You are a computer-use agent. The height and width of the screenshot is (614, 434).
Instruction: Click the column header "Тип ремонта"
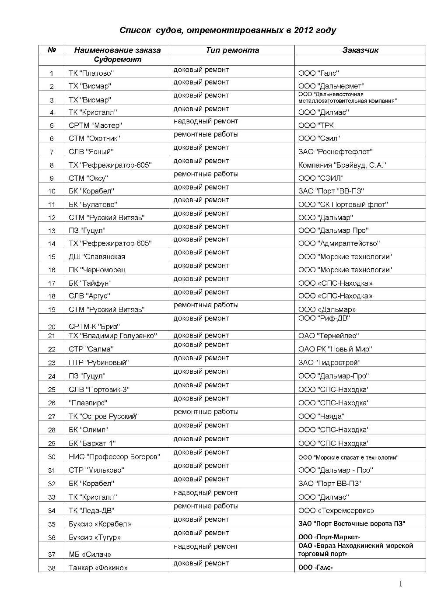click(232, 50)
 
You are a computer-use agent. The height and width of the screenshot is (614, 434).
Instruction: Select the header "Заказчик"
click(360, 50)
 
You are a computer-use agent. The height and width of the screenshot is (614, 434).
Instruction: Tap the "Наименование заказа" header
click(117, 50)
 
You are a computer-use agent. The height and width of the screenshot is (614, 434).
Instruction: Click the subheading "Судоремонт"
click(117, 60)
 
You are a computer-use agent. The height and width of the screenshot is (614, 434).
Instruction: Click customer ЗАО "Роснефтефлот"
click(335, 151)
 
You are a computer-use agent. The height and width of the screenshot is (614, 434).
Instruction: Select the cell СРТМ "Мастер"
click(95, 125)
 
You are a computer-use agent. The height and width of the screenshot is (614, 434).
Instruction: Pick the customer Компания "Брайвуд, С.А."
click(341, 165)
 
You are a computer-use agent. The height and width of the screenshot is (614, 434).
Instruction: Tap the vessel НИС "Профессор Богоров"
click(114, 456)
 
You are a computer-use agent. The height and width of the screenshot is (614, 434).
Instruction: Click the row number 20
click(52, 326)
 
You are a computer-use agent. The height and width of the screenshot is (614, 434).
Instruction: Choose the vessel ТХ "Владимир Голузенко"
click(112, 336)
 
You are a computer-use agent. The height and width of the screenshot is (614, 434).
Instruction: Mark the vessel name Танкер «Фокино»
click(98, 568)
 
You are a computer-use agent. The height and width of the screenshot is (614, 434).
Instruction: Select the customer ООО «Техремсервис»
click(336, 510)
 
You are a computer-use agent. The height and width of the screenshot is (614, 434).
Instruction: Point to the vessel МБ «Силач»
click(90, 554)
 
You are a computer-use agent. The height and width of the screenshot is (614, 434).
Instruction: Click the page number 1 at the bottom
click(401, 583)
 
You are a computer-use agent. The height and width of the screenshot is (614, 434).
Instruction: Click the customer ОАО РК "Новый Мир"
click(335, 349)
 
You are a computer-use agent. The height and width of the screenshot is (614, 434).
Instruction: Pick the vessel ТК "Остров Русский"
click(103, 416)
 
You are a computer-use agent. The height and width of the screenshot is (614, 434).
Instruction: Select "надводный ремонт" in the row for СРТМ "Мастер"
click(206, 121)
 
